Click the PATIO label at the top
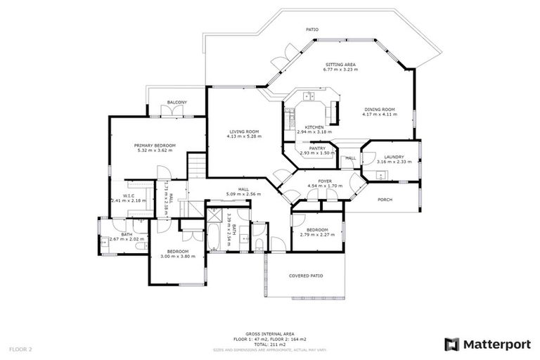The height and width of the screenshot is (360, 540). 312,30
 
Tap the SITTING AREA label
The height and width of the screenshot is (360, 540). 340,64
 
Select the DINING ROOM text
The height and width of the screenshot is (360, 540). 379,109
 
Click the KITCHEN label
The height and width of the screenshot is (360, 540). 309,127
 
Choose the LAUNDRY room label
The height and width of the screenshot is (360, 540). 394,157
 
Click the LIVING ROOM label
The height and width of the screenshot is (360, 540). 243,131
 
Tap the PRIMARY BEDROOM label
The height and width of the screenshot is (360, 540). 155,145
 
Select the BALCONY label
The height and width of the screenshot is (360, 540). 176,103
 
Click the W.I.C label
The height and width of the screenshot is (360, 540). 129,196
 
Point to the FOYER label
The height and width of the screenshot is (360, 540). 325,181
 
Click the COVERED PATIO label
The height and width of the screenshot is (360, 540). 306,276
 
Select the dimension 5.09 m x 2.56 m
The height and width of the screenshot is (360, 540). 243,194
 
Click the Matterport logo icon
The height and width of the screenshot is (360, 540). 452,344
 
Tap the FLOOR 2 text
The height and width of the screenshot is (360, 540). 20,348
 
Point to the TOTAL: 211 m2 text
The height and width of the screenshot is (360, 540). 270,345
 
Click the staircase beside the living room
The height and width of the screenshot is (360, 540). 198,166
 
